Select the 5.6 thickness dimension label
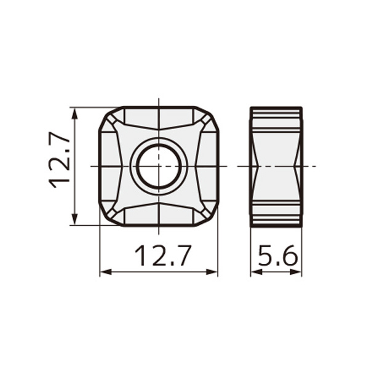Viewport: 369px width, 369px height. (x=277, y=255)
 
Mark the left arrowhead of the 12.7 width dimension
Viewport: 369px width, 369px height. (x=104, y=271)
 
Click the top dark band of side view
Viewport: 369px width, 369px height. (x=276, y=113)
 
